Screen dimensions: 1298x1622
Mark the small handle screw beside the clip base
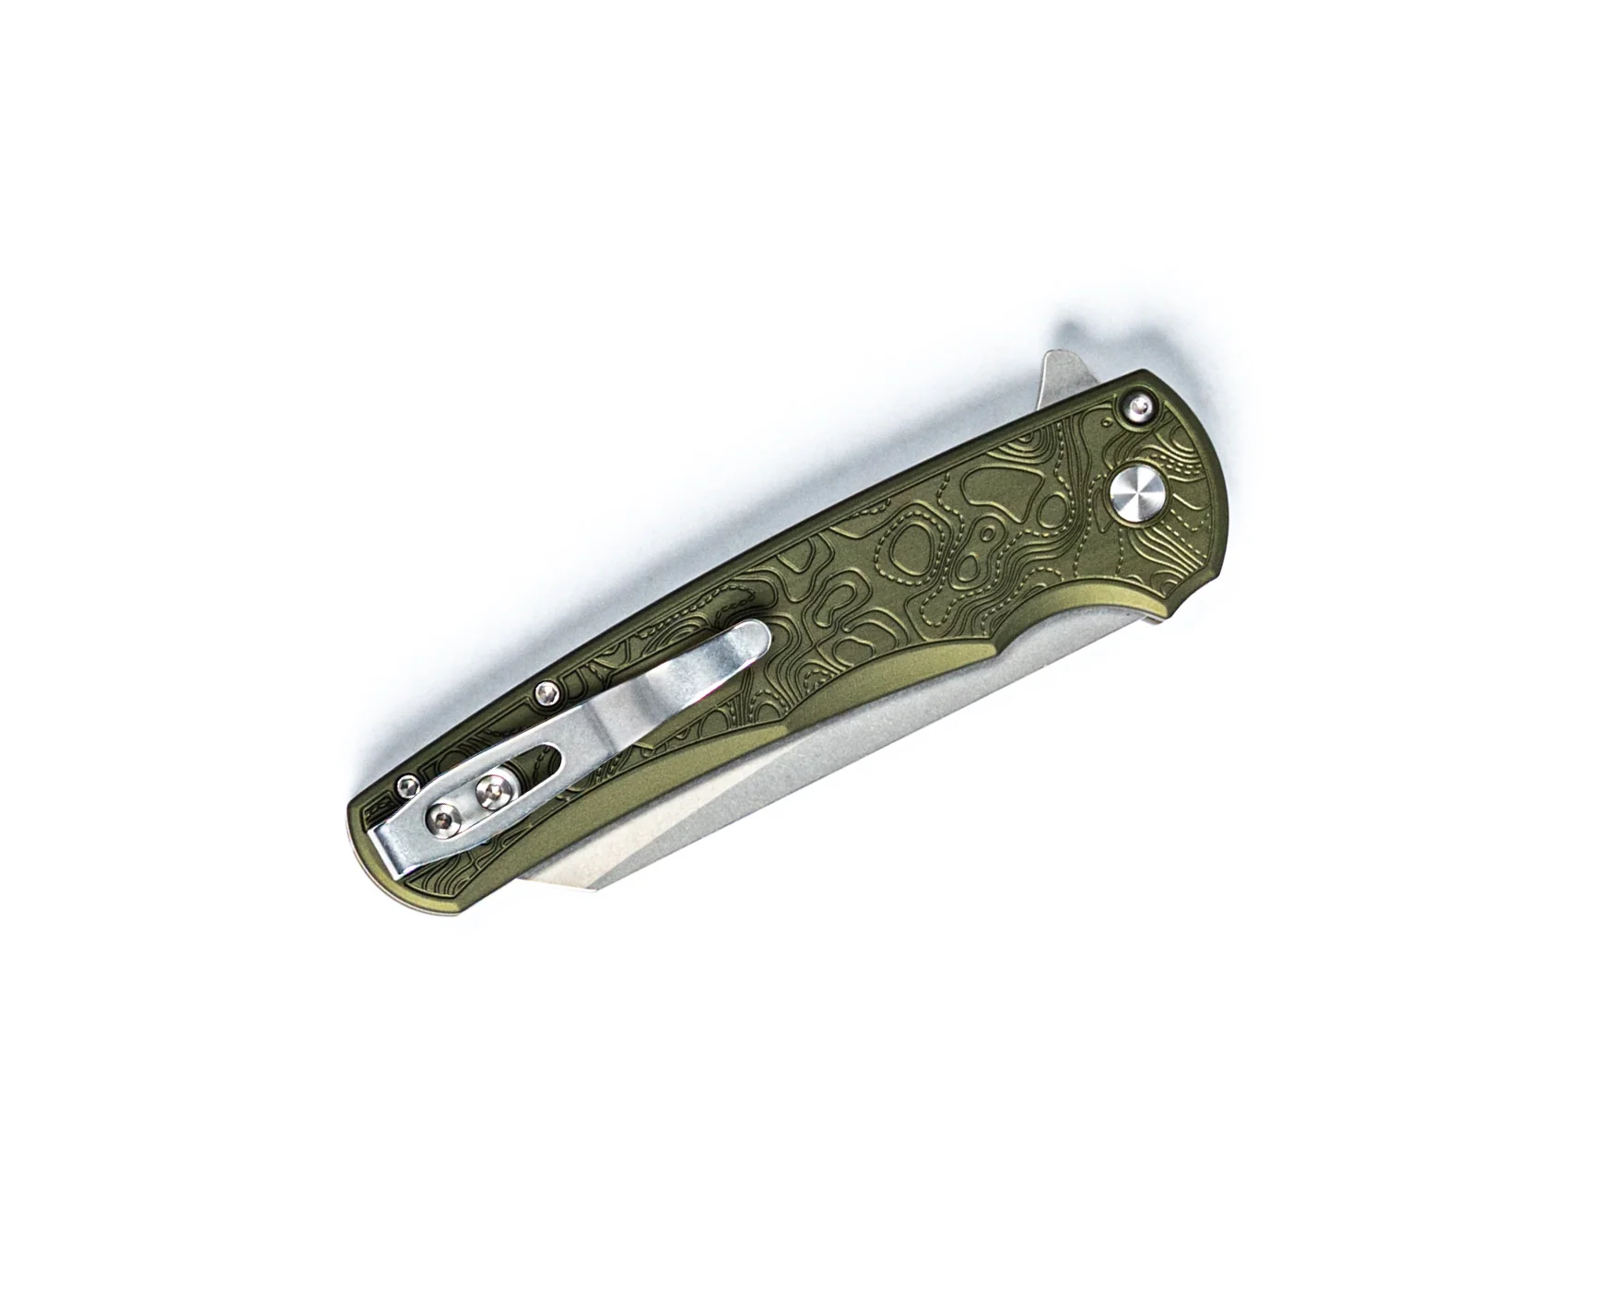coord(405,785)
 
